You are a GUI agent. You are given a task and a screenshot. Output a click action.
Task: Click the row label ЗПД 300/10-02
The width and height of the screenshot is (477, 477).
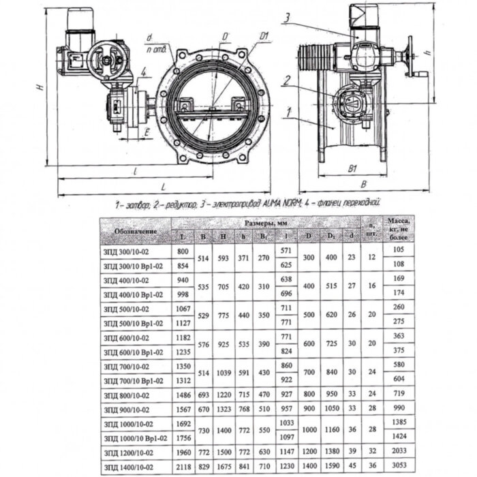pos(130,251)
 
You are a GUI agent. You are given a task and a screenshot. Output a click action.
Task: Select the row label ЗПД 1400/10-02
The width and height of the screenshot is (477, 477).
pos(130,466)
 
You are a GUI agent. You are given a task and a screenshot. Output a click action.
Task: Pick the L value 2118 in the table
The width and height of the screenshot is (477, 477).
pos(183,466)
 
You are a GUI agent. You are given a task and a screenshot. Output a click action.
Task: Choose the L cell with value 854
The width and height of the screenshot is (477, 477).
pos(183,265)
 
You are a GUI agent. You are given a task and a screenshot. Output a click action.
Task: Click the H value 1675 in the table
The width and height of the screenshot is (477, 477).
pos(223,466)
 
